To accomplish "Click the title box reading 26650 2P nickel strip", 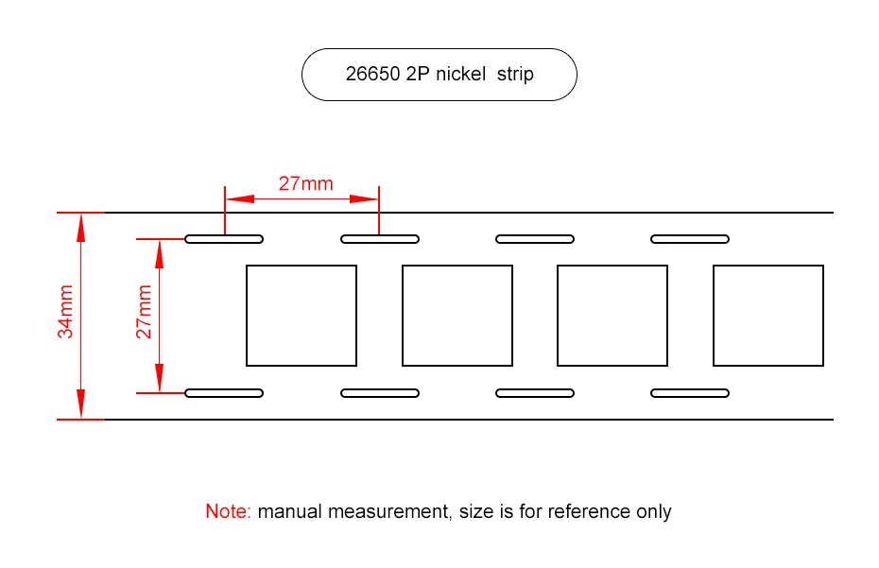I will [x=439, y=74].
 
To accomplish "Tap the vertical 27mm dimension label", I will [x=145, y=313].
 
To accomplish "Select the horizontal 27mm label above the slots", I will [x=305, y=183].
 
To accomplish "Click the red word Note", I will [x=227, y=511].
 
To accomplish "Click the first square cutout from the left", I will [x=302, y=316].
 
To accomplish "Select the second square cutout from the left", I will [x=457, y=316].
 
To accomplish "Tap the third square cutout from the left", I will [x=612, y=316].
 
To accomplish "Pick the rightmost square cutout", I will [x=768, y=316].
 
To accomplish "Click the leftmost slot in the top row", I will [x=224, y=238].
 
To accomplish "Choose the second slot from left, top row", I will [x=380, y=238].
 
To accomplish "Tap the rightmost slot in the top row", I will [x=690, y=238].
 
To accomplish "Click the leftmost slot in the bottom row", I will [x=224, y=393].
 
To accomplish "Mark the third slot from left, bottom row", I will [x=535, y=393].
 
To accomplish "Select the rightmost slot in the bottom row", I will [x=690, y=393].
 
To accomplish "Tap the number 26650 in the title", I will [x=371, y=74].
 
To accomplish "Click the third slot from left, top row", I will [x=535, y=238].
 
